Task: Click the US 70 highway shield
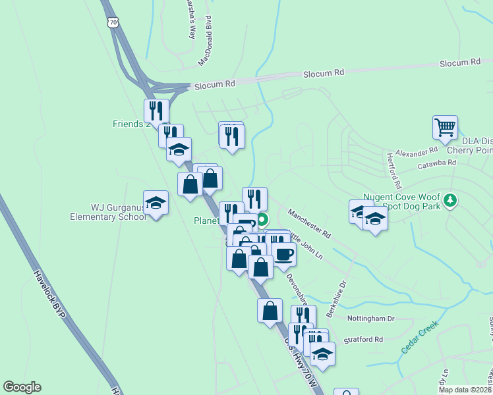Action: click(x=113, y=22)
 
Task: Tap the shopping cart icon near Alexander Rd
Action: click(x=446, y=127)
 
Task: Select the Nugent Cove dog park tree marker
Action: click(x=450, y=199)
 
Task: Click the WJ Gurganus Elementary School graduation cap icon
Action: click(x=156, y=203)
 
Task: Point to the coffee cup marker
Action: click(x=284, y=254)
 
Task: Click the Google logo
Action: click(x=22, y=387)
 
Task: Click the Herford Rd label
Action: click(x=393, y=171)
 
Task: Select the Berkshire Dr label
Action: click(x=335, y=299)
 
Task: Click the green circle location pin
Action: click(x=262, y=220)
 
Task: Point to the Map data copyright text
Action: click(x=465, y=390)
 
